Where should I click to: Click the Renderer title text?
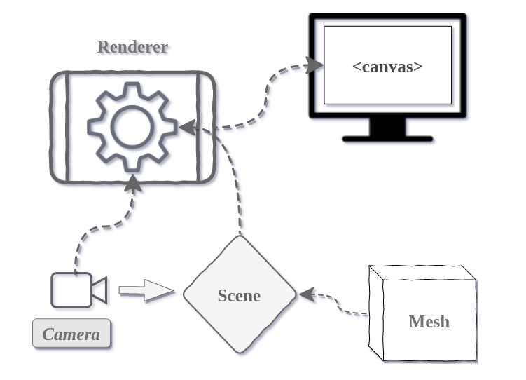pos(132,47)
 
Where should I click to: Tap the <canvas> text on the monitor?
pos(387,67)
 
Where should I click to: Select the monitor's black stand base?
pos(387,138)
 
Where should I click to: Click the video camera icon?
pos(78,290)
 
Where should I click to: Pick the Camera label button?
pos(71,334)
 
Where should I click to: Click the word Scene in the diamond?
pos(239,295)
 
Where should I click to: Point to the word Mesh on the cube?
pos(429,322)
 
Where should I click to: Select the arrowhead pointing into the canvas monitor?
pos(314,66)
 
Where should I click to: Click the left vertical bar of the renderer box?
pos(67,128)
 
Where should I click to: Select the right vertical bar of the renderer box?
pos(199,128)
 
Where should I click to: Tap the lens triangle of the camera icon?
pos(100,290)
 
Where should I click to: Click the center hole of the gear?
pos(132,127)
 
